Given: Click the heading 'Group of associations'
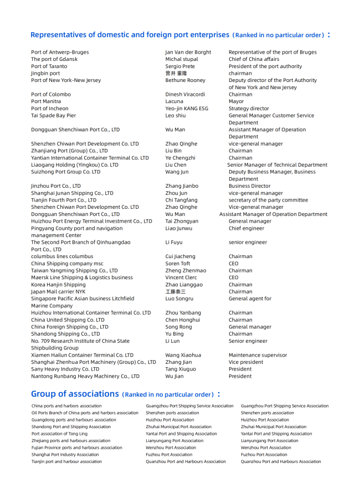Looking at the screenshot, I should point(75,394).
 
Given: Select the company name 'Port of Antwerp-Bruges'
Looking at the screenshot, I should point(60,52).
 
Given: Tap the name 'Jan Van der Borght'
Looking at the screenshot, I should point(188,52).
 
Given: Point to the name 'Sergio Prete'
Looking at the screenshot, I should point(180,66).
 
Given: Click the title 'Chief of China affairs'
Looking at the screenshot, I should point(254,59).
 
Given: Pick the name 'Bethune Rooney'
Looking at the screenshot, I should point(185,80).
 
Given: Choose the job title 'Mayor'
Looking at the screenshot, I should point(236,101).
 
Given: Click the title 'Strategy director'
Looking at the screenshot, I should point(249,109).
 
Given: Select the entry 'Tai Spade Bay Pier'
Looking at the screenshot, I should point(53,116).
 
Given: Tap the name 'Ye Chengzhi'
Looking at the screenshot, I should point(180,158).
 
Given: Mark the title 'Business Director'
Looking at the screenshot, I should point(249,186).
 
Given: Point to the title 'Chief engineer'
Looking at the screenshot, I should point(246,228).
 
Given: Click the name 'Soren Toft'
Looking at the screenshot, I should point(177,264).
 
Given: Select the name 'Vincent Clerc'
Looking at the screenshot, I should point(181,278).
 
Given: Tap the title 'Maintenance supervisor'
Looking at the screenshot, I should point(258,355).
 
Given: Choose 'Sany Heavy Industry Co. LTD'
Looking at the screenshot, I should point(65,369).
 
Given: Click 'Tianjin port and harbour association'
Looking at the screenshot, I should point(66,461).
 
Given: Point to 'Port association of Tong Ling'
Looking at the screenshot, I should point(59,434).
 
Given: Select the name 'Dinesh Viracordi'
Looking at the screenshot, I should point(185,95).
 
